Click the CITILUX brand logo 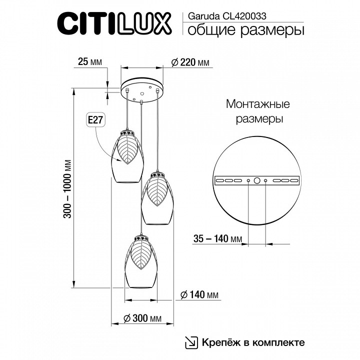click(x=114, y=24)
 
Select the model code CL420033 click(x=244, y=16)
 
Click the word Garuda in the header click(x=204, y=16)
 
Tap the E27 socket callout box click(x=95, y=120)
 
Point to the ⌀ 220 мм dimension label click(x=190, y=62)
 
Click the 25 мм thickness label click(x=90, y=62)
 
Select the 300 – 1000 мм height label click(x=67, y=188)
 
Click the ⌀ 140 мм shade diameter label click(x=199, y=294)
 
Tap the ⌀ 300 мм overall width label click(x=142, y=318)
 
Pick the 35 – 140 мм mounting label click(x=217, y=239)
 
